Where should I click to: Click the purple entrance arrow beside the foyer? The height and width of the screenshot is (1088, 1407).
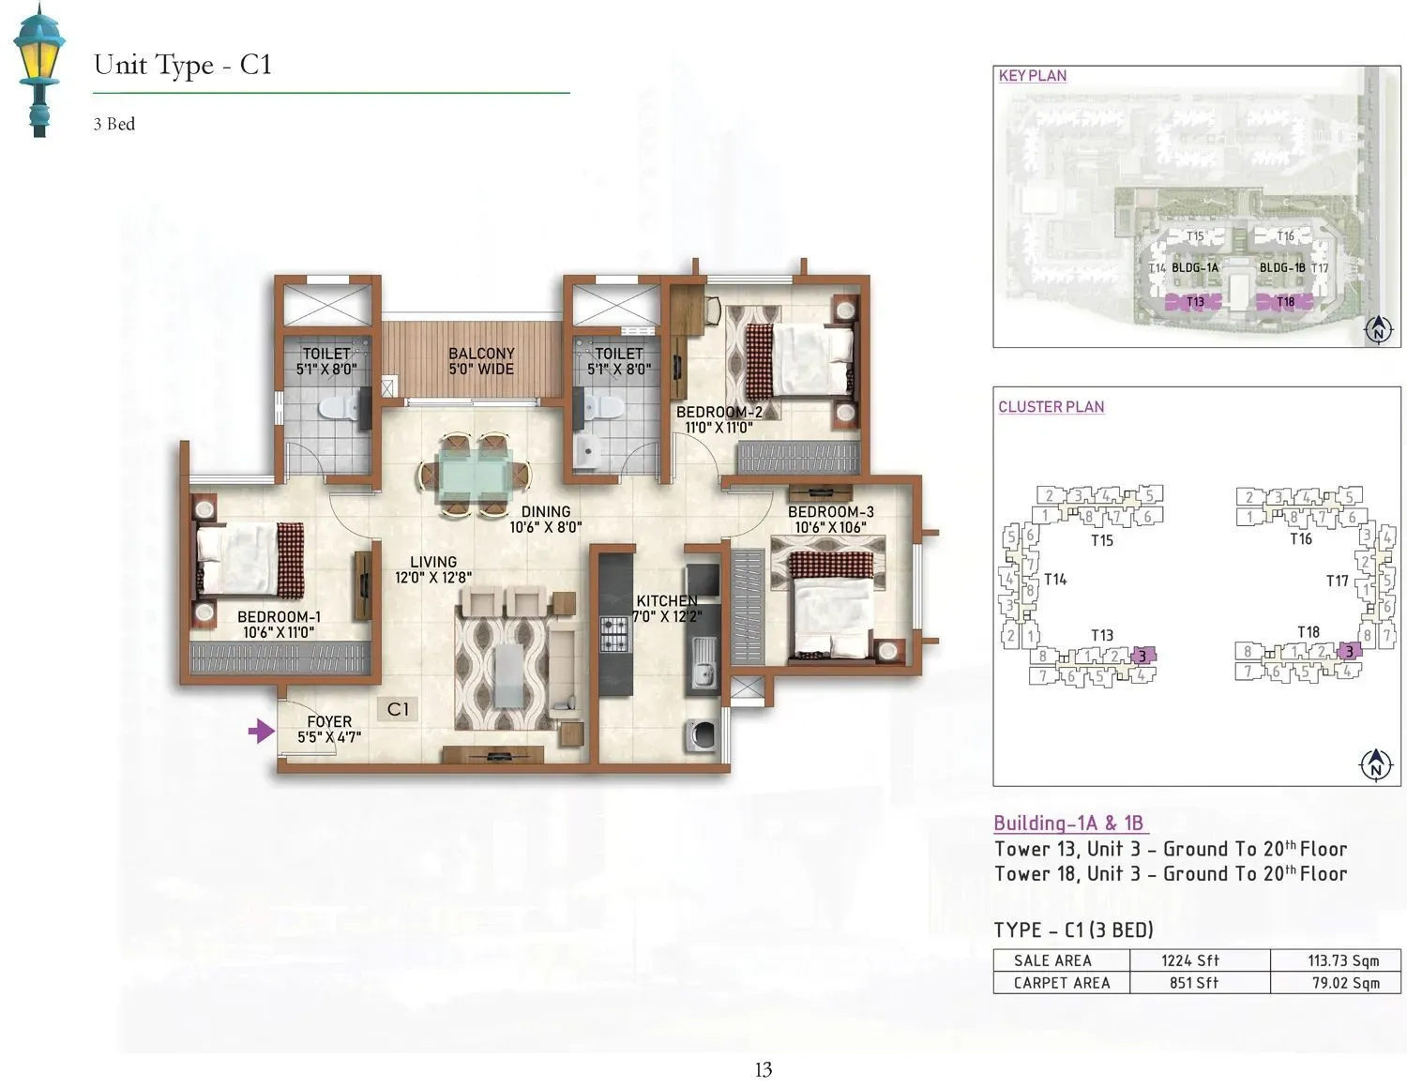point(260,731)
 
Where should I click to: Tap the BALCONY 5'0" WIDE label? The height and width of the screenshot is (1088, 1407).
point(481,361)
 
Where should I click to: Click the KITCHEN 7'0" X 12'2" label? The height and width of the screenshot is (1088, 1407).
point(667,609)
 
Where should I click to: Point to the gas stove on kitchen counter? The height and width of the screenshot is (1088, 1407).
point(614,632)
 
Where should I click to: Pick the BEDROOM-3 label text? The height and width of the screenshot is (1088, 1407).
point(830,512)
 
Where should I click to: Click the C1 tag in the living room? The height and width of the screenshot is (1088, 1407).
point(398,709)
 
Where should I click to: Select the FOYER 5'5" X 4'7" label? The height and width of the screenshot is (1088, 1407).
point(329,729)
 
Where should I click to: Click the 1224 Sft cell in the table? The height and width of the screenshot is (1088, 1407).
point(1189,960)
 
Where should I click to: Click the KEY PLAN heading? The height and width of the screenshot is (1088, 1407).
point(1032,76)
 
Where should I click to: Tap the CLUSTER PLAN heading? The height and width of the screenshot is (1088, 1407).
point(1051,407)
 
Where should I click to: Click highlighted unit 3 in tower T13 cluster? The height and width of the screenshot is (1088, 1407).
point(1142,655)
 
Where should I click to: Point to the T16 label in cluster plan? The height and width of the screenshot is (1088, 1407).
point(1300,538)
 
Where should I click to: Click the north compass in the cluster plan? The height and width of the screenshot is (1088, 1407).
point(1375,764)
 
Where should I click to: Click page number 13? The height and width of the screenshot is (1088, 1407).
point(763,1069)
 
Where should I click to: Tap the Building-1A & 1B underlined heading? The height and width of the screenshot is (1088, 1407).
point(1068,824)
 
